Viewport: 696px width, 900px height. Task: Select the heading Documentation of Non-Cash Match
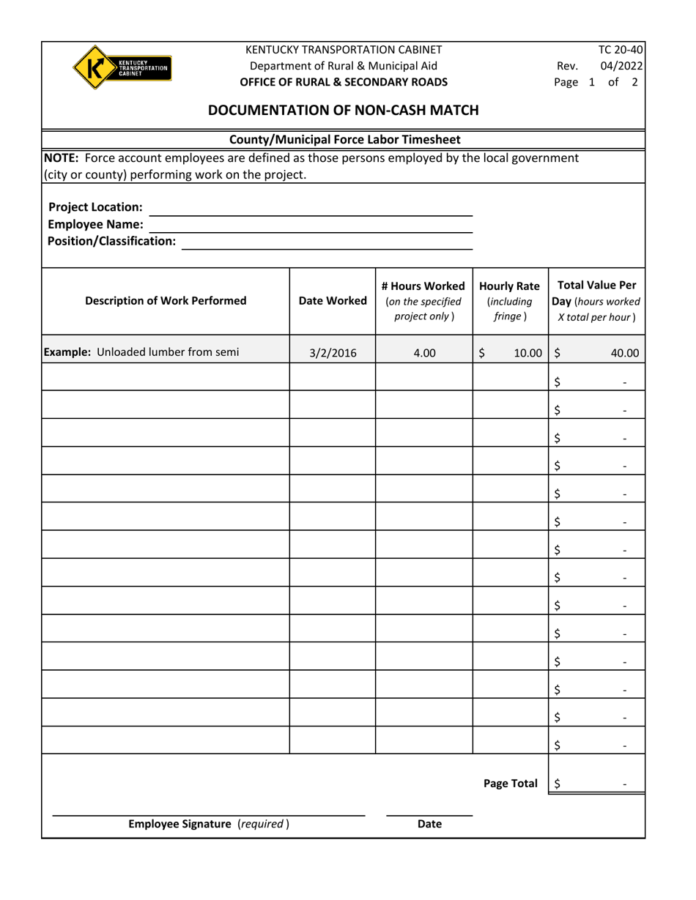pyautogui.click(x=344, y=111)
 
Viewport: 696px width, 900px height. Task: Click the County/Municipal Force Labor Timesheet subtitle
pyautogui.click(x=344, y=139)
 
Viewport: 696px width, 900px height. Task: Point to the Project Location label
pyautogui.click(x=95, y=207)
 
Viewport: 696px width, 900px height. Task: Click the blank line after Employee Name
pyautogui.click(x=311, y=225)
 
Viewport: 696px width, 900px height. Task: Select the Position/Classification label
pyautogui.click(x=112, y=241)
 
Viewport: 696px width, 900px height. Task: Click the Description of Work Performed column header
pyautogui.click(x=166, y=300)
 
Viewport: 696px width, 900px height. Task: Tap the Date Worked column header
pyautogui.click(x=333, y=300)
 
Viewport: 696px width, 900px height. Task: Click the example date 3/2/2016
pyautogui.click(x=333, y=353)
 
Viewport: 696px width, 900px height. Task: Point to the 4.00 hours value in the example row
pyautogui.click(x=424, y=353)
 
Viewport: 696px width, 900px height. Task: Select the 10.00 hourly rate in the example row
pyautogui.click(x=527, y=353)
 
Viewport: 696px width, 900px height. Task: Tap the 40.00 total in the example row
pyautogui.click(x=625, y=353)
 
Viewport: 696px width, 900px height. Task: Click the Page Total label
pyautogui.click(x=511, y=784)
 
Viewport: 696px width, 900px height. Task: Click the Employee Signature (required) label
pyautogui.click(x=209, y=824)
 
